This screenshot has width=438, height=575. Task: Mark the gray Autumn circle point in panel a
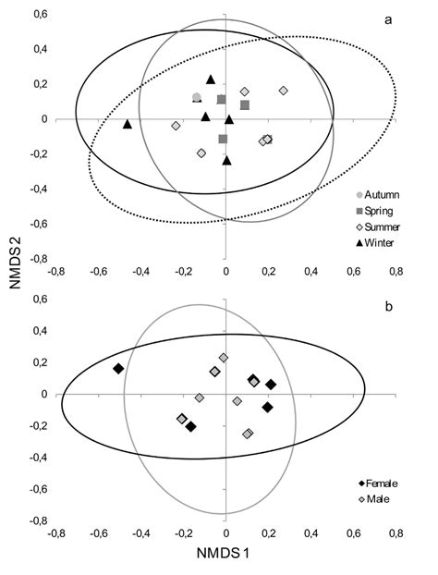point(197,97)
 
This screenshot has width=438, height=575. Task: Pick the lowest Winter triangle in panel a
point(227,161)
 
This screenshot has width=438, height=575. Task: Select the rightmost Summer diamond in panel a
point(283,91)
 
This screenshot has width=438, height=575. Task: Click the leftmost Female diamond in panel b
point(118,369)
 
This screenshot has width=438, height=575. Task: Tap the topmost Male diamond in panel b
point(224,358)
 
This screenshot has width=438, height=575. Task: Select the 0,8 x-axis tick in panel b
point(395,534)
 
